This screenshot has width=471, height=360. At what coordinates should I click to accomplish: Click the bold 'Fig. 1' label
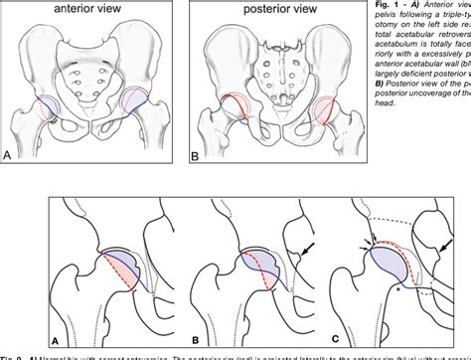[x=402, y=5]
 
